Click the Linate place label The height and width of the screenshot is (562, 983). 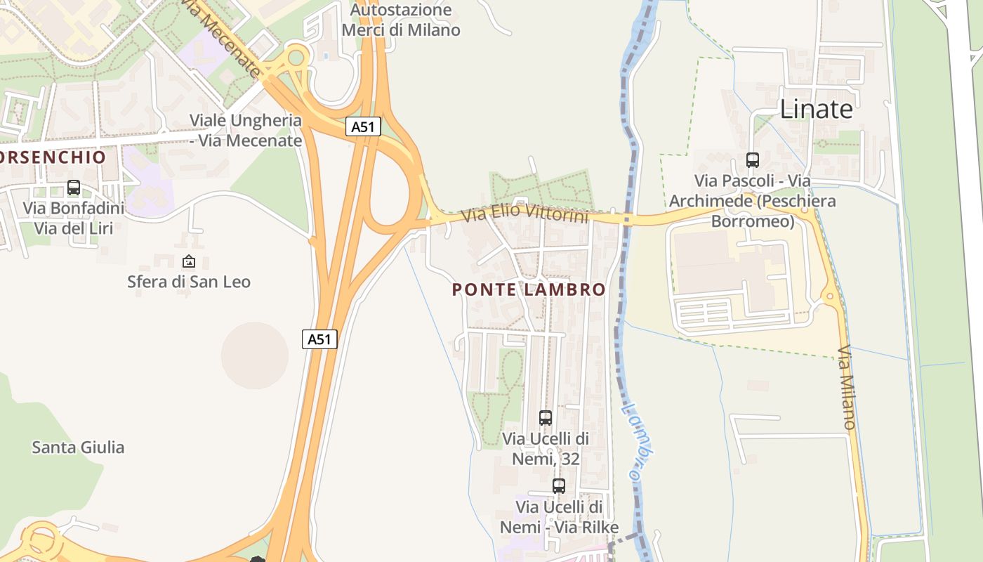817,109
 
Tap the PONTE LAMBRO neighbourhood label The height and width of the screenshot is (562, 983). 529,289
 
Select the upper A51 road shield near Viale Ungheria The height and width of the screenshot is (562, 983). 363,126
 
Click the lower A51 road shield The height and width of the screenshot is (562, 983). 319,339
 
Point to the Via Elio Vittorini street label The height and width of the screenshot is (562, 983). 525,214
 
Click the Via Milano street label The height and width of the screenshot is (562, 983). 847,387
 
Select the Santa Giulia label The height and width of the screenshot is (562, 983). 78,447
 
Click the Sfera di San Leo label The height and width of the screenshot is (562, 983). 188,282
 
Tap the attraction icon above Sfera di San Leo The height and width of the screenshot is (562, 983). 188,261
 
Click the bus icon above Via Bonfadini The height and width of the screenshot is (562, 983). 74,188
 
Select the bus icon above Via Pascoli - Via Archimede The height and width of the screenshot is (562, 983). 753,160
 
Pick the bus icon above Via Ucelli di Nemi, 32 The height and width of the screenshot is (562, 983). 546,417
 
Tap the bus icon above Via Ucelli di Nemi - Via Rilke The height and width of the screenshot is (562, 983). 559,485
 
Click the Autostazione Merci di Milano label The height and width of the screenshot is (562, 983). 401,20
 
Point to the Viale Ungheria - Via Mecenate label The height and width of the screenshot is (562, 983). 246,130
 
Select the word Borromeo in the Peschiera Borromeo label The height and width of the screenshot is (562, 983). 753,221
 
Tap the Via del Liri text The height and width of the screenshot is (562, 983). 74,228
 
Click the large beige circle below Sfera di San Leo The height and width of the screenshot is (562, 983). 255,355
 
